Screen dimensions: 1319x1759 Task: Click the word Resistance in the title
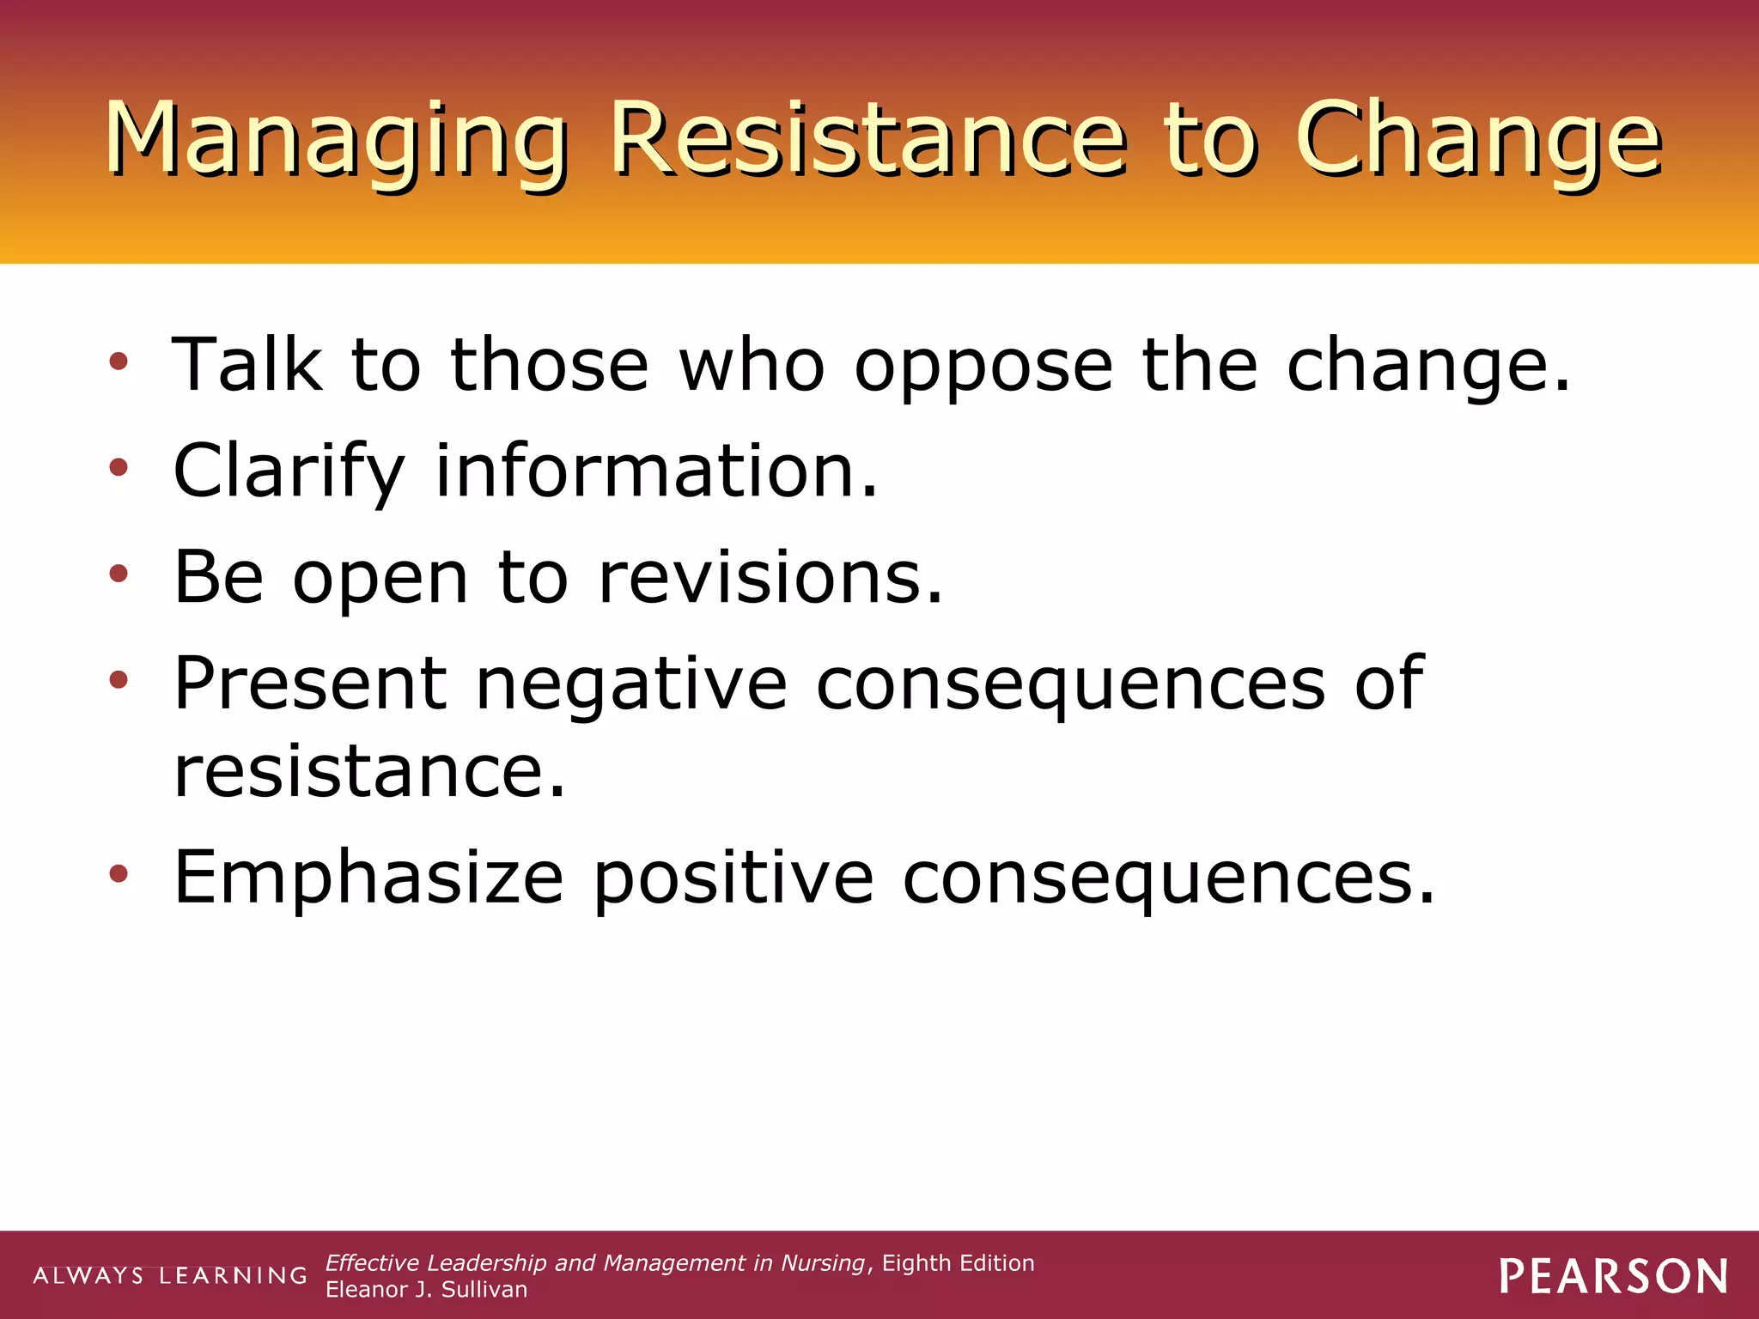(x=867, y=139)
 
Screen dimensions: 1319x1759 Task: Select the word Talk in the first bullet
(x=247, y=365)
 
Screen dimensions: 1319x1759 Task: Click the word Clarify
(x=289, y=472)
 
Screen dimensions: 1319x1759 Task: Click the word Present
(x=310, y=684)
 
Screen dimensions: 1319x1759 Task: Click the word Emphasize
(x=368, y=878)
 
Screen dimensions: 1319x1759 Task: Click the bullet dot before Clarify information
(x=119, y=468)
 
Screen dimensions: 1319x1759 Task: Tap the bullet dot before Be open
(x=119, y=574)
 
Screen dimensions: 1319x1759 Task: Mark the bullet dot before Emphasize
(x=119, y=874)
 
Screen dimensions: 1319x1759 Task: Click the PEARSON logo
(x=1614, y=1277)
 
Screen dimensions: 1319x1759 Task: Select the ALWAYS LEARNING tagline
(x=170, y=1276)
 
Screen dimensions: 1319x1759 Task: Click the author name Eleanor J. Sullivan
(x=426, y=1290)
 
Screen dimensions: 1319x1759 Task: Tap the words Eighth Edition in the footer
(x=958, y=1263)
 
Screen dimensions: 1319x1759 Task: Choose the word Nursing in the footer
(x=822, y=1263)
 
